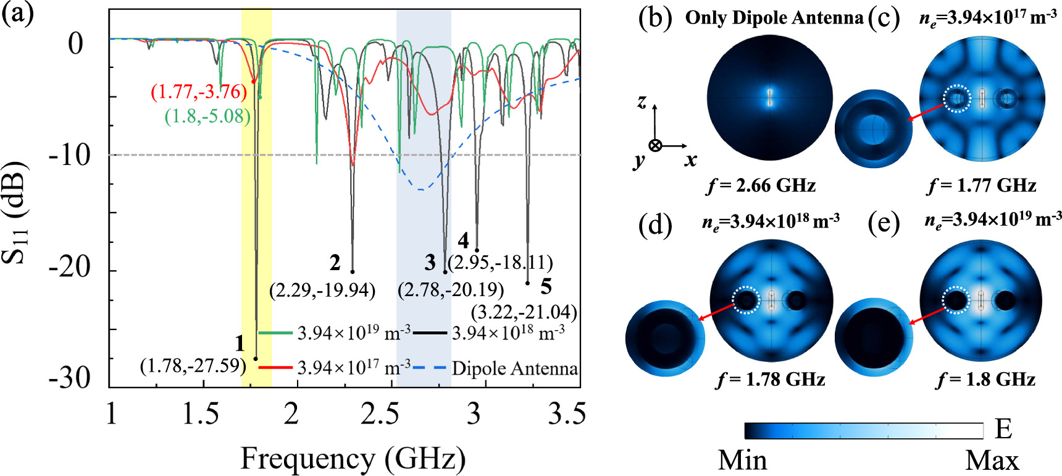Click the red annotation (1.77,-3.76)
click(199, 92)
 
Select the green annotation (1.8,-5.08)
click(207, 116)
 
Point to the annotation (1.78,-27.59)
click(193, 366)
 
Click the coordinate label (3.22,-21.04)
click(524, 312)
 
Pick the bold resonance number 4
click(463, 241)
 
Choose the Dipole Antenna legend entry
click(514, 368)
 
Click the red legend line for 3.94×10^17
click(275, 368)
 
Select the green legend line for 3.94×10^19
click(275, 333)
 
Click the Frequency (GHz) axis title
click(353, 459)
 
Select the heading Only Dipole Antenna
click(774, 17)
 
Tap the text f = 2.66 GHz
click(761, 185)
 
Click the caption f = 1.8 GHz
click(985, 378)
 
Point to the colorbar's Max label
click(992, 461)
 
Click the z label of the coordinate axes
click(642, 101)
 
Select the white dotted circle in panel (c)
click(957, 98)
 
